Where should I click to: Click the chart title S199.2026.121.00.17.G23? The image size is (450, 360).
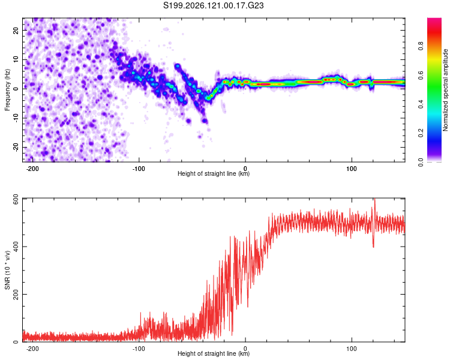213,5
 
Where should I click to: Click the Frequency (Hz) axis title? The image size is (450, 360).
7,90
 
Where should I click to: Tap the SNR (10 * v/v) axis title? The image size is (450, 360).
7,270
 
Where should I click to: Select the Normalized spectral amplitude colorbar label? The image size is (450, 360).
445,90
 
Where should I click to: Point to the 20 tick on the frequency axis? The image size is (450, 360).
16,30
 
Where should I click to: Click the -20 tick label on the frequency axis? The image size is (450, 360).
16,147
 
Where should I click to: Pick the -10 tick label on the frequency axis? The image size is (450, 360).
16,118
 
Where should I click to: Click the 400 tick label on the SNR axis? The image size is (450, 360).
16,247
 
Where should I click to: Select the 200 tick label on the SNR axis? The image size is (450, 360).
16,294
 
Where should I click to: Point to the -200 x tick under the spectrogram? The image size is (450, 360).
32,169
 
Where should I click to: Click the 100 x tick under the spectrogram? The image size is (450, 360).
352,169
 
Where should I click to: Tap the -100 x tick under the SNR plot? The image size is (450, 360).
139,349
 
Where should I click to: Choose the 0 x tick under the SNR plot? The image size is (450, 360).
245,349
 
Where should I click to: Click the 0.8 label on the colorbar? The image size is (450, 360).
421,46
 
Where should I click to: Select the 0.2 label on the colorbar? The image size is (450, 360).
421,133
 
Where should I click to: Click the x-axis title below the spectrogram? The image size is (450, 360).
214,173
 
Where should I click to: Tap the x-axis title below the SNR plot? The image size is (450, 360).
214,353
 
